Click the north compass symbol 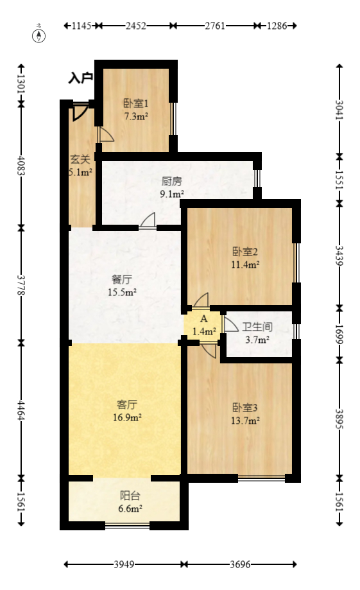click(39, 35)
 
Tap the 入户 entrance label click(81, 79)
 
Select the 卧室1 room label click(135, 103)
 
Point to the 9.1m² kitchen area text click(172, 194)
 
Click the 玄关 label click(80, 160)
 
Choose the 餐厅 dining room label click(121, 280)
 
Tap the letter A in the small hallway click(204, 319)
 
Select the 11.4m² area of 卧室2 click(245, 264)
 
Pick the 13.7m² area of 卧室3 click(245, 421)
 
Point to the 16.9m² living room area click(127, 417)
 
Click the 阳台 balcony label click(130, 496)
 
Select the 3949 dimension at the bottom click(124, 565)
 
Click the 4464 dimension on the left click(21, 409)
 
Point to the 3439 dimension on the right click(339, 255)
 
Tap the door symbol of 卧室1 click(105, 135)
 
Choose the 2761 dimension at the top click(215, 26)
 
